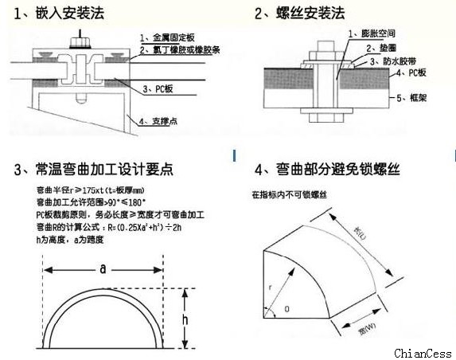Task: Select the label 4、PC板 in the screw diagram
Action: (414, 73)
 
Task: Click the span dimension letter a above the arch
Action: (103, 270)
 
